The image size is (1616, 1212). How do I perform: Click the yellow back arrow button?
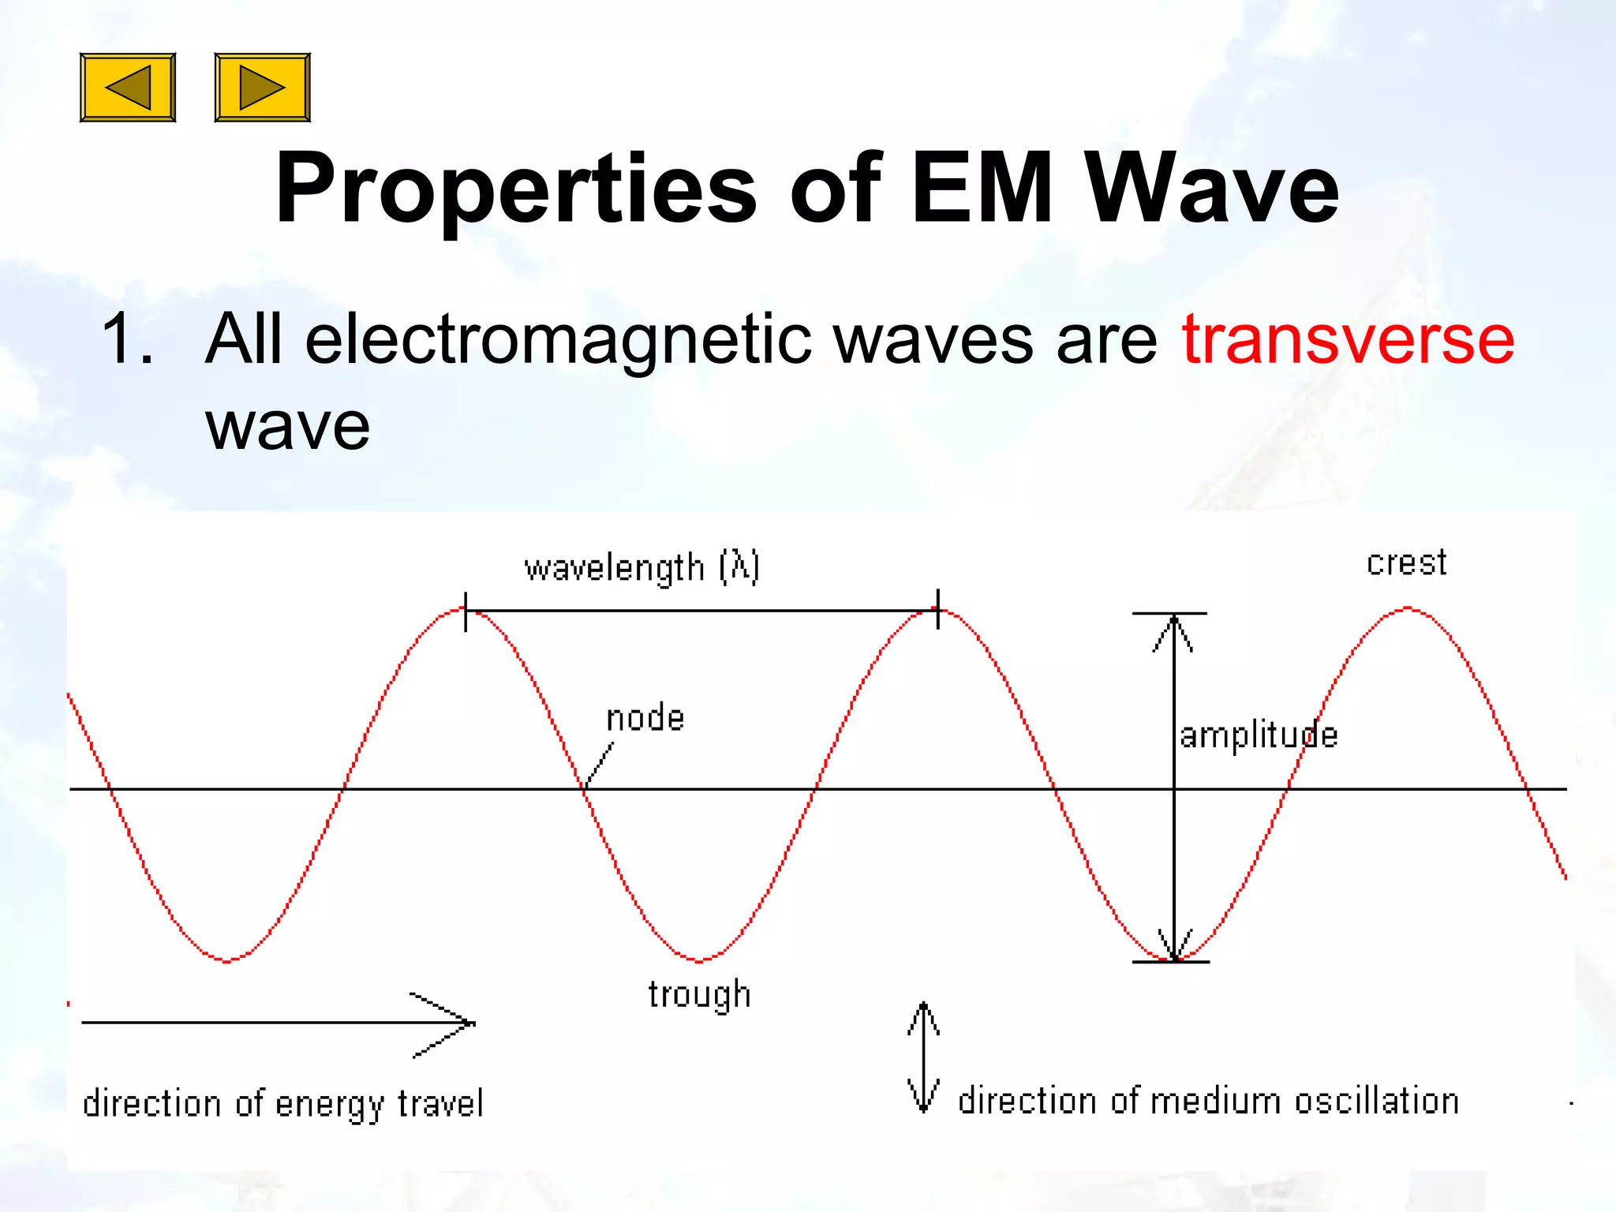pos(128,88)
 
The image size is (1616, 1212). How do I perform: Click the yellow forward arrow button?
pos(262,88)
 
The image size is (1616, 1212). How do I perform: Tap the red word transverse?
pos(1348,339)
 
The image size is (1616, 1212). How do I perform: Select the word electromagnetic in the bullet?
pos(558,339)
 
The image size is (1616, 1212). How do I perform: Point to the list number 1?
pos(126,339)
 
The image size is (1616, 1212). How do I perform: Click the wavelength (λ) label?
pos(642,567)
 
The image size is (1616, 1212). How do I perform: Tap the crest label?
pos(1406,563)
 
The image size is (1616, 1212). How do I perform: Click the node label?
pos(645,718)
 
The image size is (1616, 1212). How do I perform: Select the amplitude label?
pos(1258,735)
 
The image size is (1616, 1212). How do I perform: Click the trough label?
pos(699,994)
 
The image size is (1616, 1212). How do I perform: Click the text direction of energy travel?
pos(282,1103)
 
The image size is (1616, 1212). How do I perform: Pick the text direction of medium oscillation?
pos(1207,1101)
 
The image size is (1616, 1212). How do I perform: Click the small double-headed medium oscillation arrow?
pos(923,1057)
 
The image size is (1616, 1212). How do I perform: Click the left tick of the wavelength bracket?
pos(466,612)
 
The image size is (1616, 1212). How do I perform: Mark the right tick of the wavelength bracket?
pos(938,609)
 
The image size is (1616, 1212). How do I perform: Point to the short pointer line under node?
pos(600,764)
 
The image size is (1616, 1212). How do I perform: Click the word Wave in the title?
pos(1211,189)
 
